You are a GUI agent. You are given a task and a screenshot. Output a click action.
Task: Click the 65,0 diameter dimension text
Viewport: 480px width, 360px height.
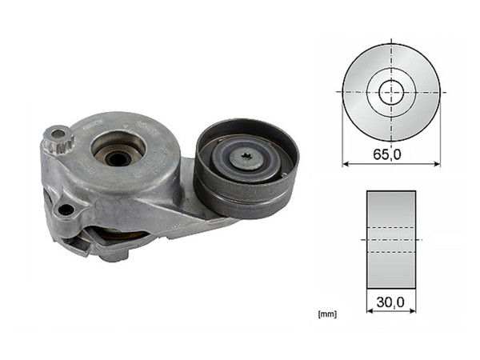[x=391, y=154]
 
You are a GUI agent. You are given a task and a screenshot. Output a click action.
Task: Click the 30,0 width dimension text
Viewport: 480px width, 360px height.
[x=391, y=302]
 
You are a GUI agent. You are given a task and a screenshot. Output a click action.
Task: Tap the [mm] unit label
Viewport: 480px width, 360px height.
[x=327, y=314]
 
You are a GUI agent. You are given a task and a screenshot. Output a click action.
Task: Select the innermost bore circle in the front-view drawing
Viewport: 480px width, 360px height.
[x=391, y=92]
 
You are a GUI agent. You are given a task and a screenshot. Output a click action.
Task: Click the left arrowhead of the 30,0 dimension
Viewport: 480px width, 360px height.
[x=370, y=311]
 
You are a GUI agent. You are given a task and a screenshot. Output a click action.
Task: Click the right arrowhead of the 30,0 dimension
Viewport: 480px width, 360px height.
[x=412, y=311]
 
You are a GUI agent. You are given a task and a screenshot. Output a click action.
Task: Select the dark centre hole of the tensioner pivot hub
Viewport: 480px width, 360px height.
[x=118, y=158]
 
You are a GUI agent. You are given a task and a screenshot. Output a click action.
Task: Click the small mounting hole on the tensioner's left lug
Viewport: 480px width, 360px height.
[x=65, y=210]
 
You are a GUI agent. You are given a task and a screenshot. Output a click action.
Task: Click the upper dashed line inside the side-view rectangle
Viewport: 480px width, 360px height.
[x=391, y=227]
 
